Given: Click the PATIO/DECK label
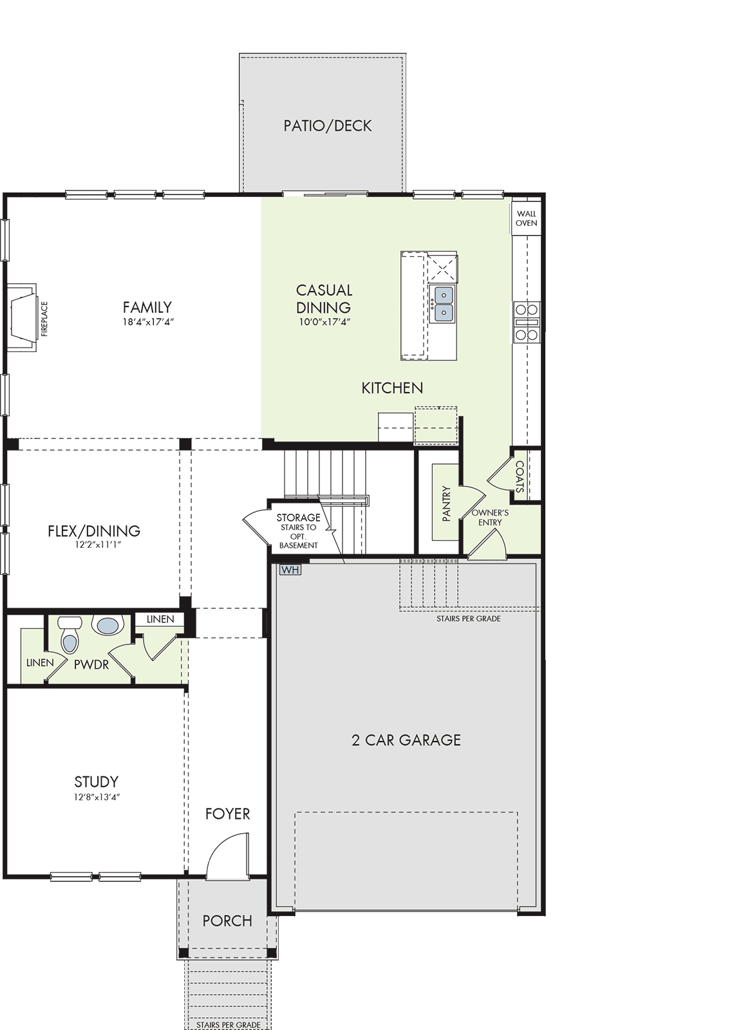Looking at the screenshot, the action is [x=327, y=126].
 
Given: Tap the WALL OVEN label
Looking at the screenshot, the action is [x=526, y=218].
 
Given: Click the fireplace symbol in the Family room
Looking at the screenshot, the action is [x=22, y=317].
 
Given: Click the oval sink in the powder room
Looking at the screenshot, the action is [x=108, y=626].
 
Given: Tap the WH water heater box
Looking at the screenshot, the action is [x=290, y=570].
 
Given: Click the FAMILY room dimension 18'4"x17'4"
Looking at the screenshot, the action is [x=147, y=321].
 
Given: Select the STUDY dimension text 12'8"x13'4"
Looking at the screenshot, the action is [x=97, y=797].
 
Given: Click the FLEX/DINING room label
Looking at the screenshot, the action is [x=94, y=531].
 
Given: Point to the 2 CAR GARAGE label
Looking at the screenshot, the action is [x=406, y=740].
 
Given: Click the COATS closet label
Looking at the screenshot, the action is [x=520, y=476].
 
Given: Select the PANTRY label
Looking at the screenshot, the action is [x=446, y=504].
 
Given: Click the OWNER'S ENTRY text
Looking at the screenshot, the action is [x=490, y=518].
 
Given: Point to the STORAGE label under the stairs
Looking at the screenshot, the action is [x=298, y=518].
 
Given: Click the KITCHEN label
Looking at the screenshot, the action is [x=392, y=388].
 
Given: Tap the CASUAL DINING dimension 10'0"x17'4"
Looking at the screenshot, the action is [x=324, y=322].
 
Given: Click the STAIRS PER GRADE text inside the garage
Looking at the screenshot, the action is [x=469, y=619].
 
